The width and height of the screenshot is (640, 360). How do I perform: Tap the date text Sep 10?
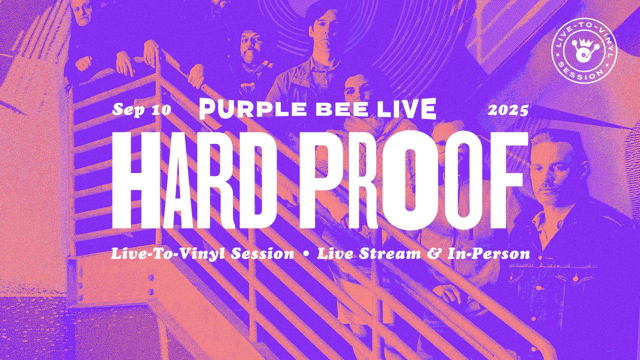(141, 110)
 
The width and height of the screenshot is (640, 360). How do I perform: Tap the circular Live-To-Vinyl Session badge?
(584, 51)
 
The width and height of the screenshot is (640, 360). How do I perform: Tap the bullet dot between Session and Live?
(305, 253)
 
